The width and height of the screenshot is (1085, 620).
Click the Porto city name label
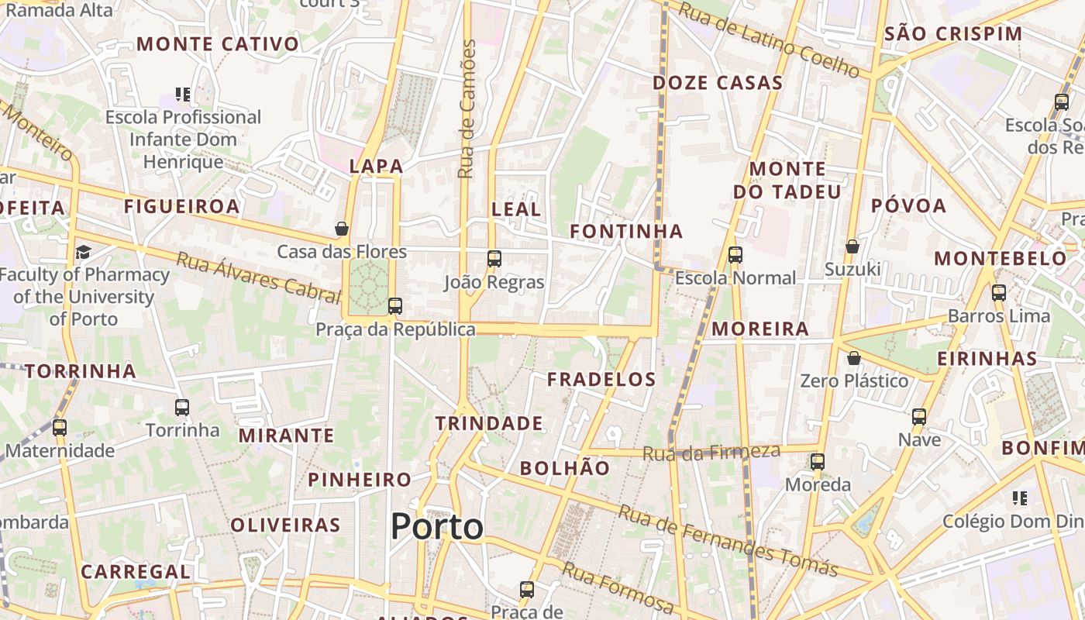[437, 527]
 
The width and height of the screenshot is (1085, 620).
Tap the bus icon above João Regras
[494, 259]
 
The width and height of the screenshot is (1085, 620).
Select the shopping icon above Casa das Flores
[341, 229]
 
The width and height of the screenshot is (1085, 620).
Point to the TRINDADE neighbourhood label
[488, 423]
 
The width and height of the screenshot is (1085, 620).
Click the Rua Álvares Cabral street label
[259, 277]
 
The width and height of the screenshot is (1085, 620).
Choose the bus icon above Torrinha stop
[182, 407]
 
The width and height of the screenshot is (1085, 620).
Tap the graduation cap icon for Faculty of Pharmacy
[83, 252]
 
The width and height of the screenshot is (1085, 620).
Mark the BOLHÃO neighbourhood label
[565, 468]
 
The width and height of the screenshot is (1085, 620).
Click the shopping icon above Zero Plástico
[853, 358]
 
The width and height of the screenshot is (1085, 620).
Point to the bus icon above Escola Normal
[735, 254]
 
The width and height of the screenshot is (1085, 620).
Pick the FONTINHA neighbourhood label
[626, 231]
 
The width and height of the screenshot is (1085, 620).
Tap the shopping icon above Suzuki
[852, 246]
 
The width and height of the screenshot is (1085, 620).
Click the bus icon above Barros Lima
[998, 293]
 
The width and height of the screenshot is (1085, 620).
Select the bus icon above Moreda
[818, 462]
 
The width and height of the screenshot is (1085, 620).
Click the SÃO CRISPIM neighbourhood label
[953, 34]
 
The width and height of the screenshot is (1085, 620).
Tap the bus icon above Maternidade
[60, 427]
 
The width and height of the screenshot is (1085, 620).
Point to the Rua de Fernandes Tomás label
[728, 540]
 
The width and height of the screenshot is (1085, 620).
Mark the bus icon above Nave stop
[919, 417]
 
